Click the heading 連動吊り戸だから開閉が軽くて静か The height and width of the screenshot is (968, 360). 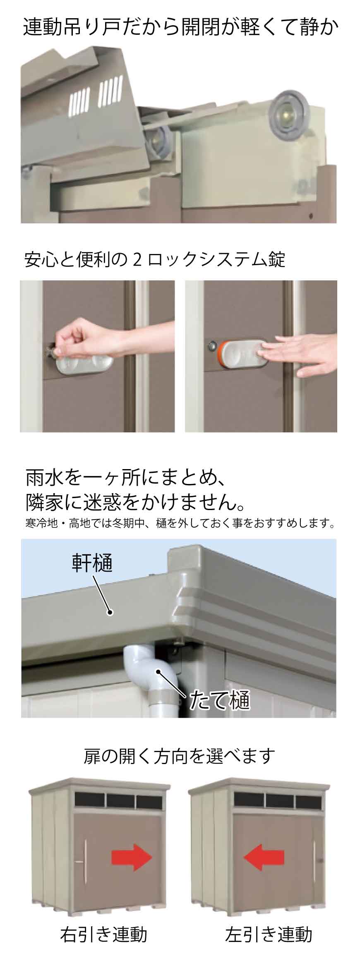point(181,28)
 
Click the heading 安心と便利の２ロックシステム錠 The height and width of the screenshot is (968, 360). point(155,259)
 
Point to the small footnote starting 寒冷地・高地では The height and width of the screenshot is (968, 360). point(180,524)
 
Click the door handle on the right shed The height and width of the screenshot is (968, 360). point(316,860)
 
